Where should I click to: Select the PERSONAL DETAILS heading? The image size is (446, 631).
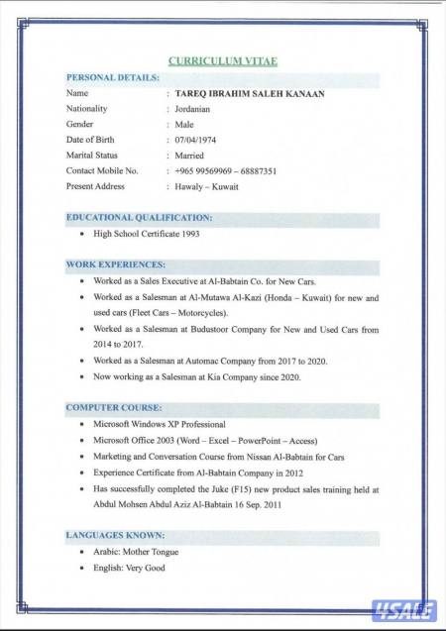point(112,77)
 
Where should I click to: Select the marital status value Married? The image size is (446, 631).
point(189,156)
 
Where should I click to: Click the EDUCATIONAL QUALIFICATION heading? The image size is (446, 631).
point(139,217)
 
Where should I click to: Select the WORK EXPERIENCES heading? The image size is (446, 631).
point(115,265)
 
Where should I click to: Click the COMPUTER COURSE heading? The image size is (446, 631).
point(113,408)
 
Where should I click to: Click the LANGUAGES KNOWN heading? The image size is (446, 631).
point(115,536)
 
